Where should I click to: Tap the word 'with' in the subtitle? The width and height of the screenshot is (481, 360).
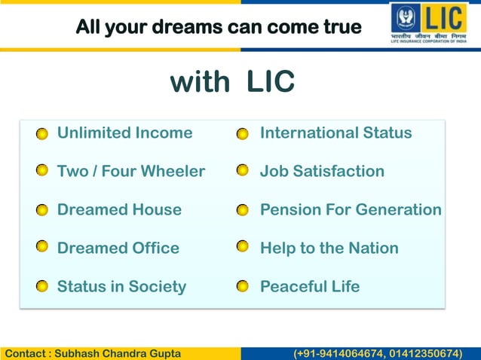pyautogui.click(x=200, y=82)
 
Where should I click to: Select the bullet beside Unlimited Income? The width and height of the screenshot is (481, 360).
pyautogui.click(x=43, y=134)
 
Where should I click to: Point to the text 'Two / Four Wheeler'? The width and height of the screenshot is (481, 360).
pyautogui.click(x=131, y=171)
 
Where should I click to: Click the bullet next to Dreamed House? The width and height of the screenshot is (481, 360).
pyautogui.click(x=43, y=210)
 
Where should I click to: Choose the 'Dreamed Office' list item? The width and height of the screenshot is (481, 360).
pyautogui.click(x=118, y=248)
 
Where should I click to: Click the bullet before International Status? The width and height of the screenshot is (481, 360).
pyautogui.click(x=242, y=134)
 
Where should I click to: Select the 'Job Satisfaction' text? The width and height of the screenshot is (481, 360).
pyautogui.click(x=322, y=171)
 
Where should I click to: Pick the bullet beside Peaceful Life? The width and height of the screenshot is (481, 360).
pyautogui.click(x=242, y=287)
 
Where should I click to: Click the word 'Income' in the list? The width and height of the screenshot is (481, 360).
pyautogui.click(x=164, y=133)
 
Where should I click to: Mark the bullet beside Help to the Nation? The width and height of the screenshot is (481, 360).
pyautogui.click(x=242, y=247)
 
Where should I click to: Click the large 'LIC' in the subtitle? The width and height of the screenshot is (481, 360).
pyautogui.click(x=270, y=82)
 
